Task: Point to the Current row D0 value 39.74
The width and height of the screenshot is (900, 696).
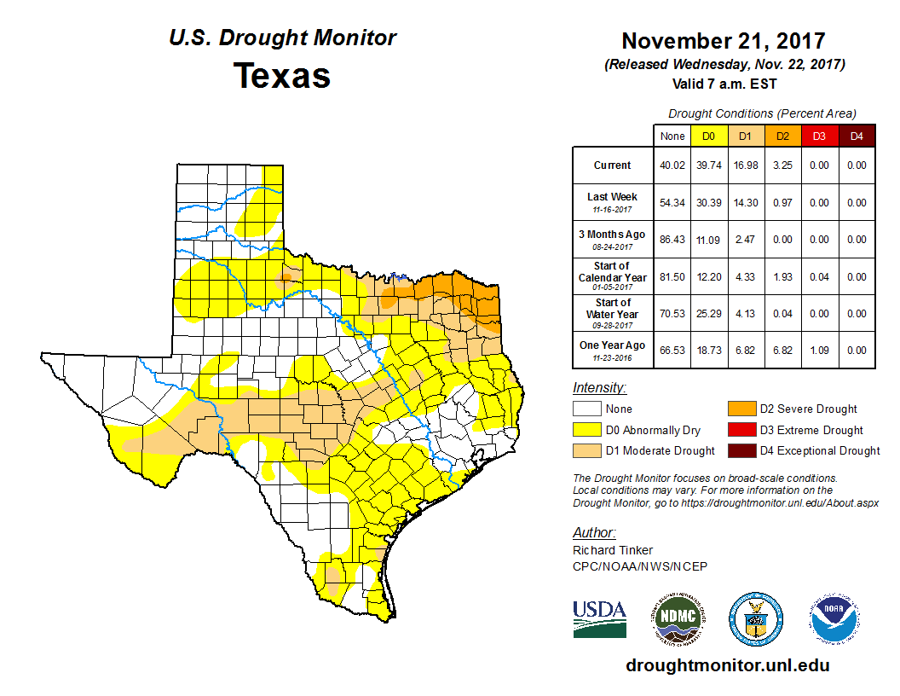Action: (708, 165)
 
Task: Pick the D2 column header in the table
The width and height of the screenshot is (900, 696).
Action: (782, 136)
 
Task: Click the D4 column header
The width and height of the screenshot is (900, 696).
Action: (855, 136)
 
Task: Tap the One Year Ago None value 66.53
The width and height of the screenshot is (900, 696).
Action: (672, 350)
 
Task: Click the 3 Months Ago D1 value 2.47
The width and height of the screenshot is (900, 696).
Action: (745, 240)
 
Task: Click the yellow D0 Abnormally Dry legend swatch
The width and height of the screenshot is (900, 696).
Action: (587, 430)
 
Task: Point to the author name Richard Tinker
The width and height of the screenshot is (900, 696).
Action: (614, 550)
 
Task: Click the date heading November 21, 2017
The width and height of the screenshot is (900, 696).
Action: (723, 40)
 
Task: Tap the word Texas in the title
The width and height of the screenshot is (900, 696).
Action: (282, 75)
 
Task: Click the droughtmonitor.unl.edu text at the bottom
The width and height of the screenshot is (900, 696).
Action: (727, 664)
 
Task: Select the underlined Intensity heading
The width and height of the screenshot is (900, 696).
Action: (599, 388)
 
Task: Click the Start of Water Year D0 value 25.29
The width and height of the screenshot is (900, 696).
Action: (708, 313)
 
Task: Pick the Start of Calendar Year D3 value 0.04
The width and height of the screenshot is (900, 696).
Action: (818, 276)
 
